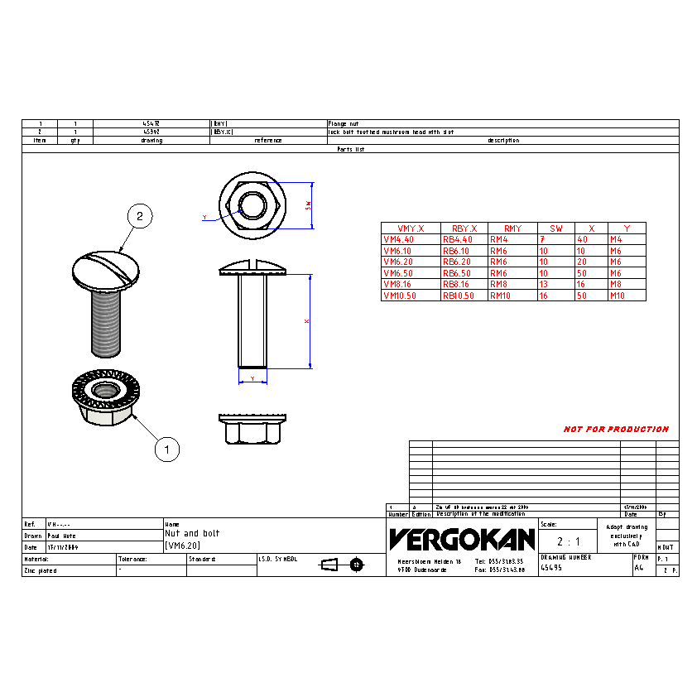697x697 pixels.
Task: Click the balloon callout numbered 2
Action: pos(140,217)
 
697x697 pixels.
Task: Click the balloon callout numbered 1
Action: pos(167,449)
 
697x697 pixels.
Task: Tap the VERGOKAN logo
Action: pos(462,540)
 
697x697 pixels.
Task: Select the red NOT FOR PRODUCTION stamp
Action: pos(616,430)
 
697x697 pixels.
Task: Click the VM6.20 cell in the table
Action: pos(398,262)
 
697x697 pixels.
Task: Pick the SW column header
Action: pos(555,228)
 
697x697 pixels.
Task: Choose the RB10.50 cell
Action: pos(458,296)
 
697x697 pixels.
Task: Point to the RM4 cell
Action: pos(501,239)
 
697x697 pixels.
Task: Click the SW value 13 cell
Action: pos(544,284)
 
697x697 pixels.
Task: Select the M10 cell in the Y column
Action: pos(618,296)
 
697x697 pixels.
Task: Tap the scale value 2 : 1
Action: pos(568,541)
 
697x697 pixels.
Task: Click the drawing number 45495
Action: pos(551,568)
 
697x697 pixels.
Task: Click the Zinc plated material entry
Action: pos(41,570)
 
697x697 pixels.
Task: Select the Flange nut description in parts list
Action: pos(344,123)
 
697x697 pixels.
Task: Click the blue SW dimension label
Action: pos(308,204)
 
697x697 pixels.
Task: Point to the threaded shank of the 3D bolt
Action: pos(105,324)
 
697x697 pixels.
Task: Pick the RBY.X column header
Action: pos(464,228)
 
